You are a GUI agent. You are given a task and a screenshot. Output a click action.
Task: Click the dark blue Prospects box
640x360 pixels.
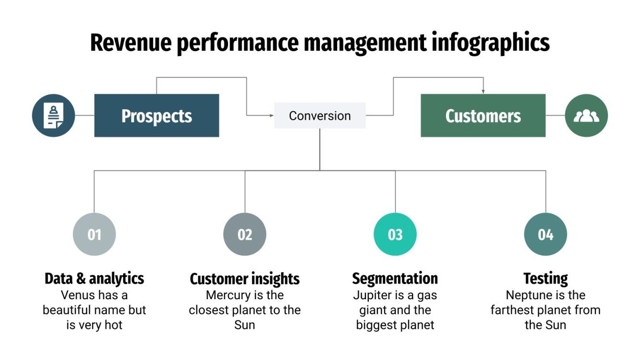click(x=157, y=115)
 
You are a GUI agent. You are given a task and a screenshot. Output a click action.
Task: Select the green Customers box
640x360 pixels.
click(x=483, y=115)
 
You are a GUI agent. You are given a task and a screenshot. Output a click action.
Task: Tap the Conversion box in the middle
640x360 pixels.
click(x=320, y=115)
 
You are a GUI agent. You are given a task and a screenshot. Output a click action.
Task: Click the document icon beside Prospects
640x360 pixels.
click(x=53, y=115)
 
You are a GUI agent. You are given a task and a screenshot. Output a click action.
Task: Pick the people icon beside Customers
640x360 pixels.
click(x=586, y=115)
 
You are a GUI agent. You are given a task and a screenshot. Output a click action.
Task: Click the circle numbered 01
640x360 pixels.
click(x=94, y=235)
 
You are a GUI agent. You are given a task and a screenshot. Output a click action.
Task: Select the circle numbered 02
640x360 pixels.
click(x=245, y=235)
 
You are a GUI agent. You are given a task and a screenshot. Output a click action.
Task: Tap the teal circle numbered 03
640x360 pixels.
click(x=395, y=235)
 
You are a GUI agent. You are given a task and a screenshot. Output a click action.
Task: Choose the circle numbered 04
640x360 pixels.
click(x=546, y=235)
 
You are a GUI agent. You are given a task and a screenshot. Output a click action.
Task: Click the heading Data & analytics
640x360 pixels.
click(x=94, y=278)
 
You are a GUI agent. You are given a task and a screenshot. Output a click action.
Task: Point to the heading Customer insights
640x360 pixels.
click(x=245, y=278)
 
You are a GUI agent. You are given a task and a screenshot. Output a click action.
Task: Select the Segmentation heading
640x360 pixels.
click(x=395, y=278)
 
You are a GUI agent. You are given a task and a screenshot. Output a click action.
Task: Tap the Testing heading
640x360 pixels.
click(x=546, y=278)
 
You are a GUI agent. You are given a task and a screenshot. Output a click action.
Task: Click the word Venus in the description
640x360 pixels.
click(x=77, y=295)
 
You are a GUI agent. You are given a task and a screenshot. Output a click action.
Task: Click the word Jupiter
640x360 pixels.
click(x=372, y=295)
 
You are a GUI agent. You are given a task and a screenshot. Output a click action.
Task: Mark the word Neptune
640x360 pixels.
click(x=526, y=295)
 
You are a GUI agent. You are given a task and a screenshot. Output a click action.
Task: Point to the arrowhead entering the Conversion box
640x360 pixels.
click(x=272, y=115)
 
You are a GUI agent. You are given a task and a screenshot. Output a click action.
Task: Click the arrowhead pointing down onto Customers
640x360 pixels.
click(x=483, y=91)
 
